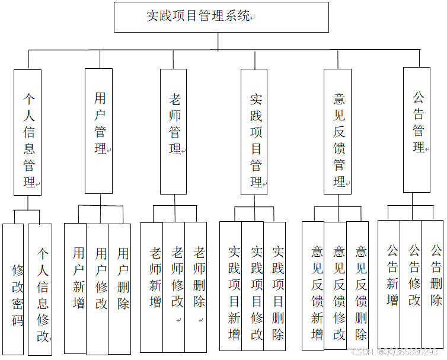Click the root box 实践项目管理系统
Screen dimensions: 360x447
pos(221,17)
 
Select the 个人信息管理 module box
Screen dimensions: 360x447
pos(28,132)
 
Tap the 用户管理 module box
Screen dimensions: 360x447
pos(98,130)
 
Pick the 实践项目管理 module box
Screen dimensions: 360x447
pos(254,132)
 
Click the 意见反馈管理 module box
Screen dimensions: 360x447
pos(337,131)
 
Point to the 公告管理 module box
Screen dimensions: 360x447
pos(416,129)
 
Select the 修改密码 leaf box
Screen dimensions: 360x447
pos(13,289)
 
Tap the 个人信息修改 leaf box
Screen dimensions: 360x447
pos(40,289)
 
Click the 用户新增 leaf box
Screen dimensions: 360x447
pos(75,288)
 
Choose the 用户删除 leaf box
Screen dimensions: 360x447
pos(120,288)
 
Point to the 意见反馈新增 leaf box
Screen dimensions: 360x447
pos(314,286)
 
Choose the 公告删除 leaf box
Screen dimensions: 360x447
pos(433,283)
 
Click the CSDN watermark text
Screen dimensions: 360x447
pos(394,352)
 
